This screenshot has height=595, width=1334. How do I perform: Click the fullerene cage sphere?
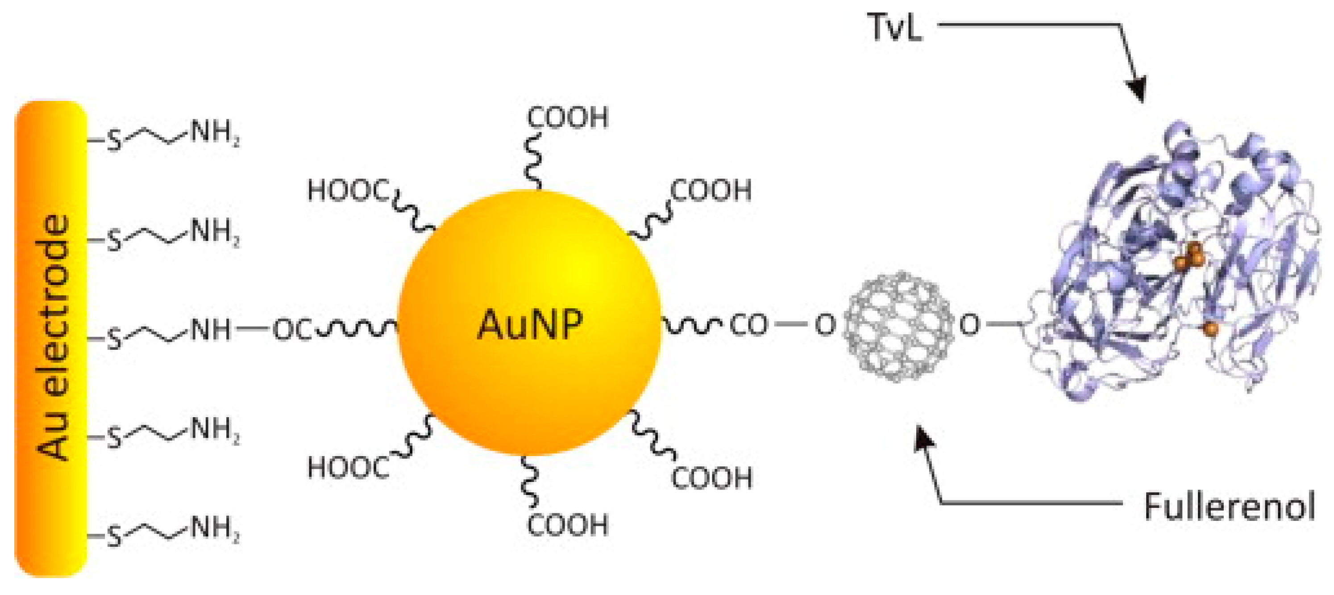[x=898, y=326]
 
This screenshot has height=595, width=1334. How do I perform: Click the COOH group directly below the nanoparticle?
[x=568, y=524]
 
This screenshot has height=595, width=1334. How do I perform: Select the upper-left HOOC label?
[x=348, y=190]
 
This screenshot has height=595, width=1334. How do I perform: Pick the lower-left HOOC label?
[x=348, y=468]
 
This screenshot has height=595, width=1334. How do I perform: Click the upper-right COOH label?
[x=711, y=190]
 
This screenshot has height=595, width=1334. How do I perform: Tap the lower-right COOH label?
[x=712, y=478]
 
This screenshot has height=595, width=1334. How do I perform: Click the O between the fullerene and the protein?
[x=969, y=325]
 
